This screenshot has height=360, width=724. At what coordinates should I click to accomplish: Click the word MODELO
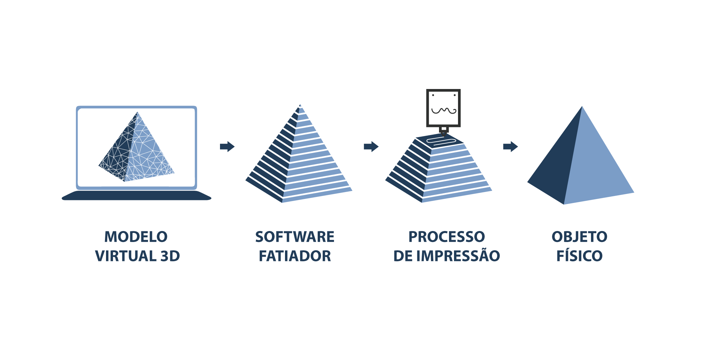(136, 237)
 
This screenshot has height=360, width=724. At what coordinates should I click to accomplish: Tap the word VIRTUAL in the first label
(126, 256)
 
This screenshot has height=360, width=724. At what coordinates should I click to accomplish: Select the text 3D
(170, 256)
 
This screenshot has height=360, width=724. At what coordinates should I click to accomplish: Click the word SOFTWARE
(295, 237)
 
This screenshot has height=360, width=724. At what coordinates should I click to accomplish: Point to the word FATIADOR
(295, 256)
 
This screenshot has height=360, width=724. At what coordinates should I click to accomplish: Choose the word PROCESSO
(447, 237)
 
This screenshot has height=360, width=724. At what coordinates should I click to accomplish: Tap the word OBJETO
(580, 237)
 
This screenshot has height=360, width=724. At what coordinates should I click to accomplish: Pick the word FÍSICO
(580, 255)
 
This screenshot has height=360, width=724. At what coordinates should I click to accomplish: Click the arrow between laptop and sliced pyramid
(227, 146)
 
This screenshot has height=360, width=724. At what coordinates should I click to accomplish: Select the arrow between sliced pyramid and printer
(371, 146)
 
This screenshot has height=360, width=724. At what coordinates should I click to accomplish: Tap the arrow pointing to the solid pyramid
(510, 146)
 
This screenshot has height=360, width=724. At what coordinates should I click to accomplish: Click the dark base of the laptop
(137, 195)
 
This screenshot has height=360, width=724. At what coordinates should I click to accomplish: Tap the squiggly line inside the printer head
(444, 110)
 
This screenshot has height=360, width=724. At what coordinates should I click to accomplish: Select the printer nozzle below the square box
(444, 131)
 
